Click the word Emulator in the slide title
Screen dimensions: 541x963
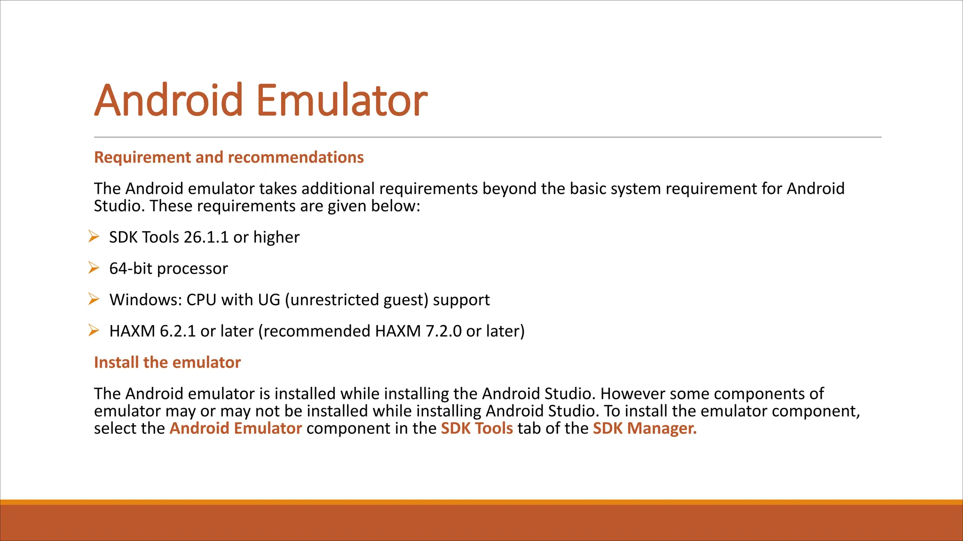click(342, 100)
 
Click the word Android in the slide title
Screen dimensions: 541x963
click(168, 100)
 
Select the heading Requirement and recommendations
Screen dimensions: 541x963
click(229, 157)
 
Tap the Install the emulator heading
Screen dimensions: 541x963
click(167, 363)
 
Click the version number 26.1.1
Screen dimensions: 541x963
click(206, 238)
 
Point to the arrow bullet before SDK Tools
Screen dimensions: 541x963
click(94, 237)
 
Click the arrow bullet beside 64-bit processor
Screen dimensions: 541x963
click(94, 268)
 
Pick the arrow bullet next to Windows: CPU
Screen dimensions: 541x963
click(94, 299)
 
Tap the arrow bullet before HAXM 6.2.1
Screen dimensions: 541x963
click(94, 331)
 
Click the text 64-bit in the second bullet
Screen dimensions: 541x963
click(131, 269)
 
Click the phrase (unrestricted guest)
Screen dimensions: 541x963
click(356, 300)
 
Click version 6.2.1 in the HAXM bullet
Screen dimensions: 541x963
click(178, 332)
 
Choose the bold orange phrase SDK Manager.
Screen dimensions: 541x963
click(644, 428)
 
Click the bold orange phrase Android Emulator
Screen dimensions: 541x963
click(236, 428)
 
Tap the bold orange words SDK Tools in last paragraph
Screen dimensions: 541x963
click(477, 428)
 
